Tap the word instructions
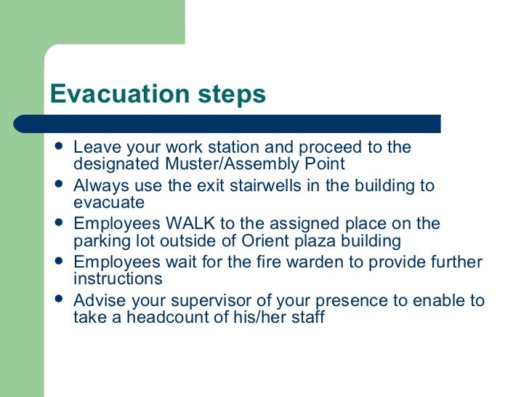coord(118,279)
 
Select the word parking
coord(100,241)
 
